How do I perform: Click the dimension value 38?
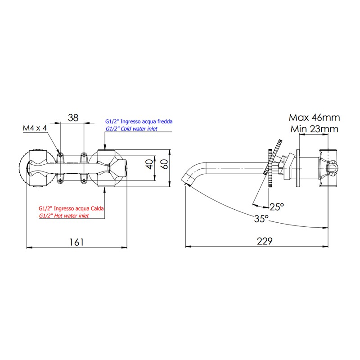[x=73, y=117]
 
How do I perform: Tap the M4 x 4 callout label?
[x=35, y=128]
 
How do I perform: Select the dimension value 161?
[x=77, y=242]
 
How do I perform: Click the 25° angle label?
[x=276, y=207]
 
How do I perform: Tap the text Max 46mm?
[x=314, y=118]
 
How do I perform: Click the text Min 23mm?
[x=314, y=130]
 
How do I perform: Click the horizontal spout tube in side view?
[x=234, y=169]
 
